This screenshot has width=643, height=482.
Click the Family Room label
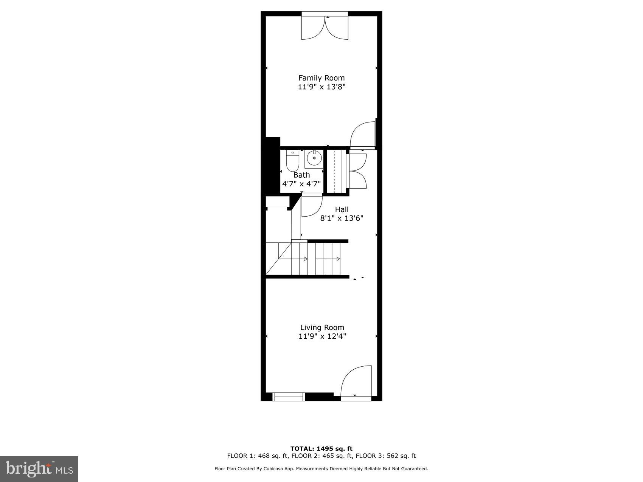tap(321, 78)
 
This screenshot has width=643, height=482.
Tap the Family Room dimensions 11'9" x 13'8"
tap(321, 87)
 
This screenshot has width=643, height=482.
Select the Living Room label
tap(322, 327)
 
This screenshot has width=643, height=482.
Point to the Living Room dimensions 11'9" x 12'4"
tap(322, 336)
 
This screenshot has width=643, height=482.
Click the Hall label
tap(342, 209)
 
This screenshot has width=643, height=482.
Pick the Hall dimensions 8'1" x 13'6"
tap(342, 218)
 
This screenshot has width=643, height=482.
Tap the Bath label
tap(301, 175)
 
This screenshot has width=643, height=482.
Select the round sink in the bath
tap(314, 158)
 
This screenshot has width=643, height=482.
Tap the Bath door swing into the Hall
tap(311, 205)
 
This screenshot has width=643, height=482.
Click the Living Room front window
tap(289, 397)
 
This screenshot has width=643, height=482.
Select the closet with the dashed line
tap(334, 171)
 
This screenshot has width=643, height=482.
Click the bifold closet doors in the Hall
tap(357, 171)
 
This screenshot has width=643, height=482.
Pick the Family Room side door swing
tap(362, 135)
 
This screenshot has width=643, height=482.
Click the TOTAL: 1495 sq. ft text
tap(321, 449)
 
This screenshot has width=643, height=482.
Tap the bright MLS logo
tap(39, 469)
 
